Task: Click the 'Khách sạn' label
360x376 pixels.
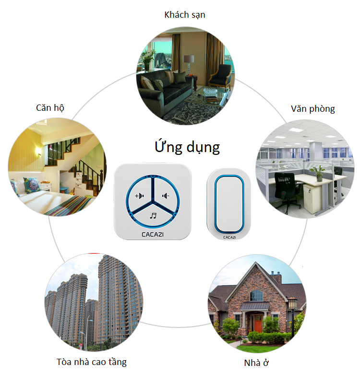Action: (184, 15)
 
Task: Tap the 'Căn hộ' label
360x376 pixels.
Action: (50, 107)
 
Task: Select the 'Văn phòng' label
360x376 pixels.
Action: (313, 109)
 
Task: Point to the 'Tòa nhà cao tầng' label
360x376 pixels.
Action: (91, 362)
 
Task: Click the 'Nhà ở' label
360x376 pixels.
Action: (256, 363)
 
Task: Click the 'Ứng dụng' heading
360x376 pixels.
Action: (187, 147)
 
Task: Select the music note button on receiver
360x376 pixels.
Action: (153, 216)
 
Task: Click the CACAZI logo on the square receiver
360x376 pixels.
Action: (153, 234)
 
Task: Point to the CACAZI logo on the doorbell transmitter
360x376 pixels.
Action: (229, 237)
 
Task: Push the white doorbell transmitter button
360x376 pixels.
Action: (229, 204)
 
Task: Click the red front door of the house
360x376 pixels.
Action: (258, 323)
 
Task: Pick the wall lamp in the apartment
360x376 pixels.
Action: (38, 151)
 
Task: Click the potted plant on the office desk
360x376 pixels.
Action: (318, 173)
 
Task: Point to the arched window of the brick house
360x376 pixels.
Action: (256, 295)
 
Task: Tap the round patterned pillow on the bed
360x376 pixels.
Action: (32, 185)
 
